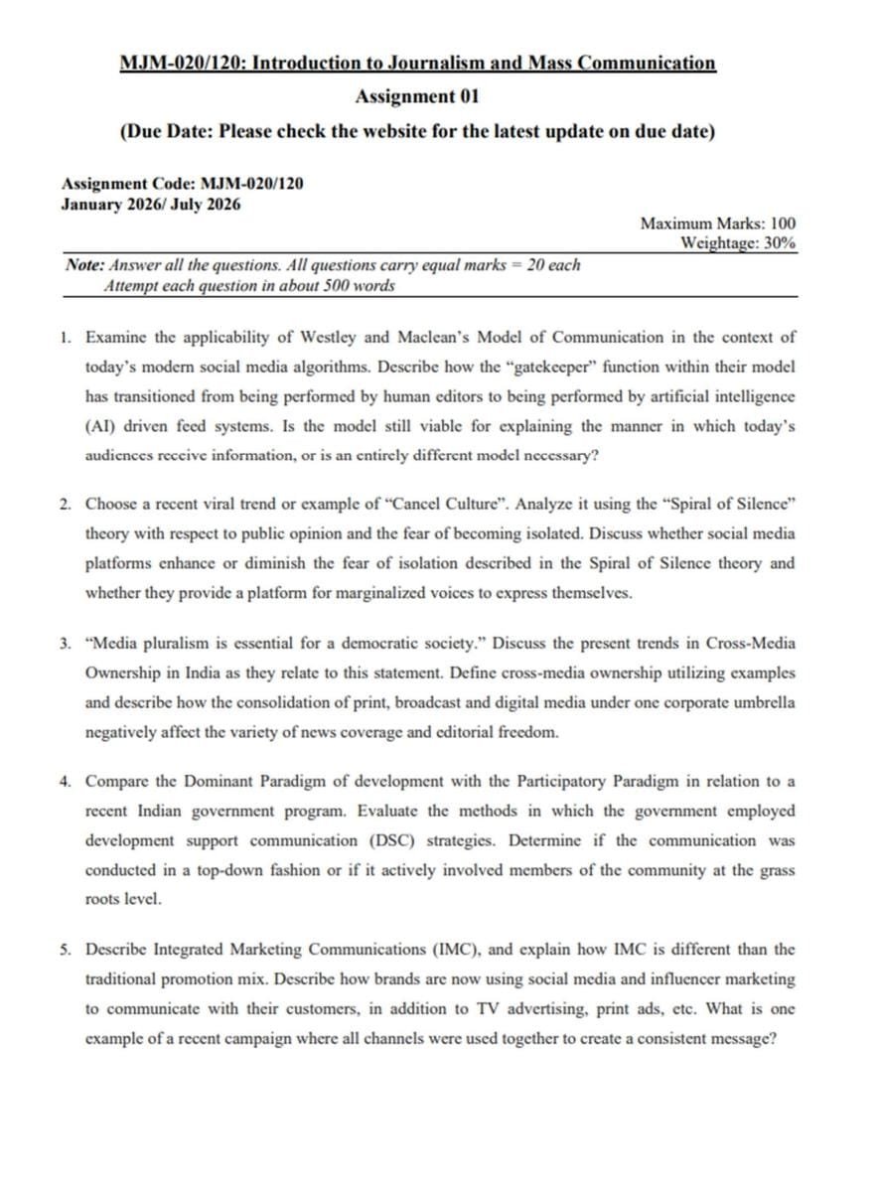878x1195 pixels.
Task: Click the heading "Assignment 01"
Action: pyautogui.click(x=417, y=96)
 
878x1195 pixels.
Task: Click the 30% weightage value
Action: pyautogui.click(x=780, y=242)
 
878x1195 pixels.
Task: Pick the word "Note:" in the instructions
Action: pyautogui.click(x=84, y=265)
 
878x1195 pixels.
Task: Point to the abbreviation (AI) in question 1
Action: pyautogui.click(x=101, y=426)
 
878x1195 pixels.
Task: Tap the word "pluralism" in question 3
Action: pyautogui.click(x=171, y=643)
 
